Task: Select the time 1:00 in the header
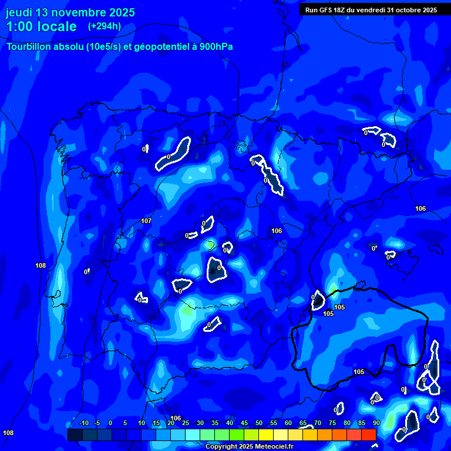click(19, 26)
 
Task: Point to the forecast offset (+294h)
click(105, 26)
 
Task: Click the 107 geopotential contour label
click(146, 221)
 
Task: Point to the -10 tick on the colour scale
click(83, 423)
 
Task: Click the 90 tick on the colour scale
click(376, 423)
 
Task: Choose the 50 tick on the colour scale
click(258, 423)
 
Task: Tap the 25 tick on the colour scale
click(185, 423)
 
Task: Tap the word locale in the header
click(57, 26)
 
